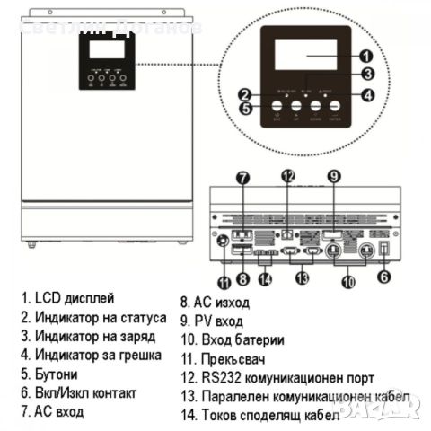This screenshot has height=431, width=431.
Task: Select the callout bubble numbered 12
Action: coord(287,176)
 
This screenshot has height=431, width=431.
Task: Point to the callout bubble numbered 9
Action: coord(333,177)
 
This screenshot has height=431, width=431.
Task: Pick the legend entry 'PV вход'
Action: coord(218,321)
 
